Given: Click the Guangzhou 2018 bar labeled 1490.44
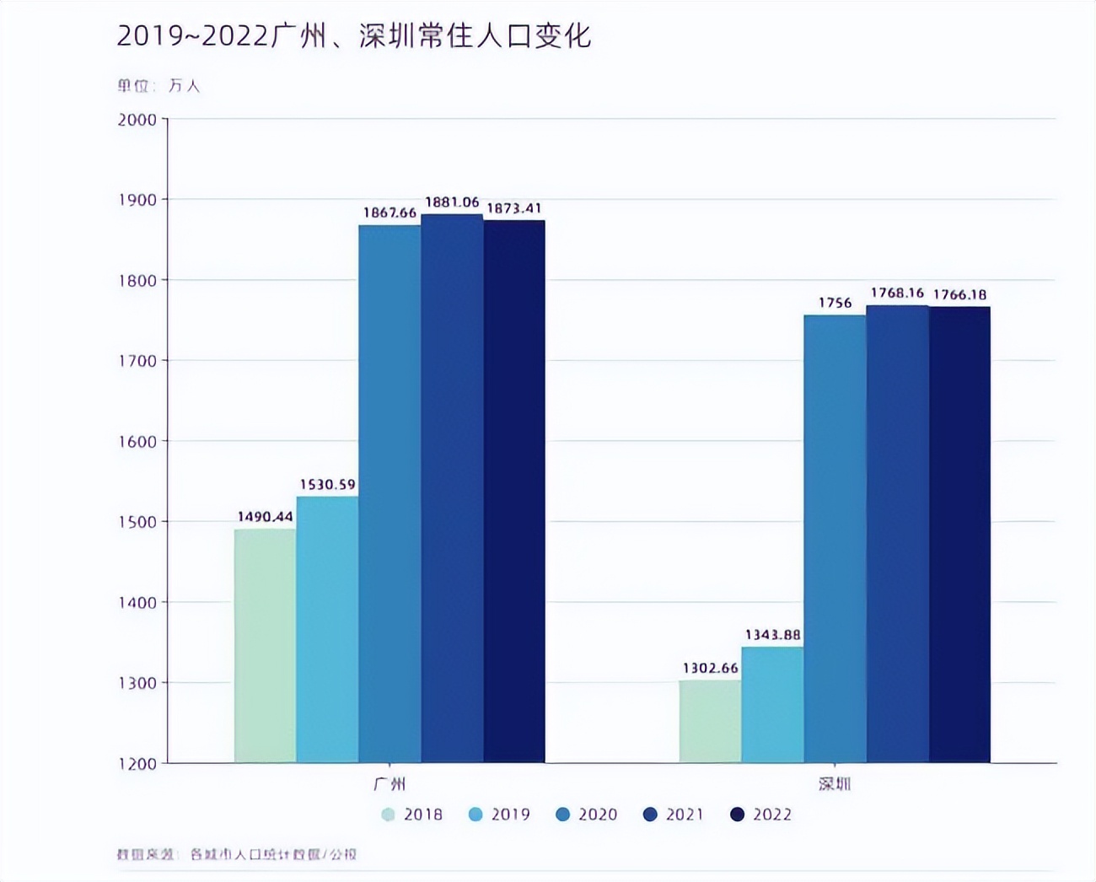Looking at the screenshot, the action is (265, 645).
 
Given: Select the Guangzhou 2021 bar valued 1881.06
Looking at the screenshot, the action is (452, 489).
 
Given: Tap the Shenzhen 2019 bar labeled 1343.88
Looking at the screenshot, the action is (772, 704).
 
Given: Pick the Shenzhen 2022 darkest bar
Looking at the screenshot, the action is (959, 535).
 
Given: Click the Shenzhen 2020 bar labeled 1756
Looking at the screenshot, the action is (835, 540).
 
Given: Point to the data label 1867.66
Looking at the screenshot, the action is (390, 212).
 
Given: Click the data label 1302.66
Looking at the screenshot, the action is (710, 668).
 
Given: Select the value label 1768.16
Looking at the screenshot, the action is (897, 293).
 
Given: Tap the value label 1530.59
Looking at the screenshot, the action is (327, 484).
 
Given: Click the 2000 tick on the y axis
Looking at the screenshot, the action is (137, 120).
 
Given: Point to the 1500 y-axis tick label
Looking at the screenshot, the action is (137, 522).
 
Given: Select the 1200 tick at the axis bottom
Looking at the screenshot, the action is (137, 764).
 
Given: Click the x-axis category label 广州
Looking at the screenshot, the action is (390, 784).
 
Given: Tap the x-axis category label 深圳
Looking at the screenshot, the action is (835, 784).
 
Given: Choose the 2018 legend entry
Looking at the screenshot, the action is (412, 815).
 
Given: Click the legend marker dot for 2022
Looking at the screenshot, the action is (738, 815).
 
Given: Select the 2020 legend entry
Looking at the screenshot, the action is (588, 815).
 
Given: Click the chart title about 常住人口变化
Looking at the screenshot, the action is (354, 36).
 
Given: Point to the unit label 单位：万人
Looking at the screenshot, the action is (158, 85).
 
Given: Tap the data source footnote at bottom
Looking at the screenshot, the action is (237, 854).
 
